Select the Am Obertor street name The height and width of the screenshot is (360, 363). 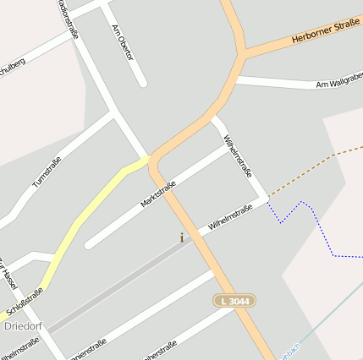124,41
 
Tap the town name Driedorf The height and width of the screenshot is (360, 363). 23,325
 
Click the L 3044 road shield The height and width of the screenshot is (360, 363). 234,301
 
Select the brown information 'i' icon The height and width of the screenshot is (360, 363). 181,238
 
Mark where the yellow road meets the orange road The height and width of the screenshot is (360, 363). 151,158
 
